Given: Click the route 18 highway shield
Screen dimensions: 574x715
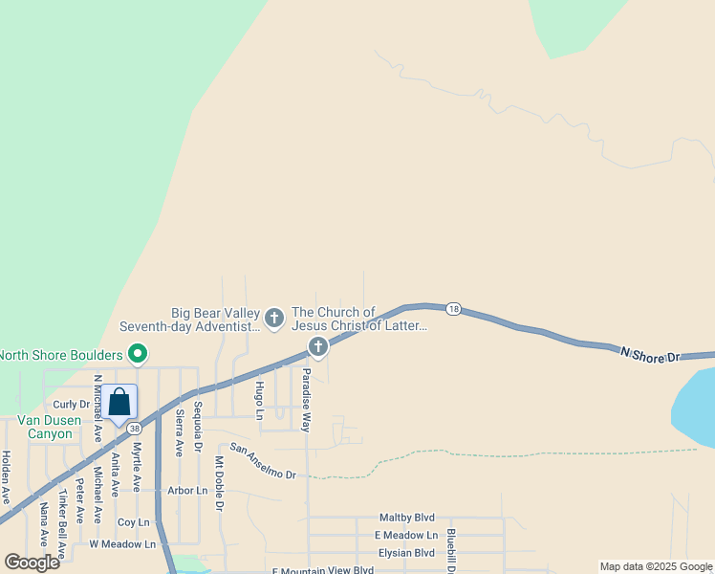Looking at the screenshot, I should tap(453, 309).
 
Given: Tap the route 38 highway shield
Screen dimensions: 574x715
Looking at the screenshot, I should tap(135, 429).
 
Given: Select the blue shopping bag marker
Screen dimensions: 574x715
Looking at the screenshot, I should tap(119, 402).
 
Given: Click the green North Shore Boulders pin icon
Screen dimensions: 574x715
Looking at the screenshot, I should tap(138, 355).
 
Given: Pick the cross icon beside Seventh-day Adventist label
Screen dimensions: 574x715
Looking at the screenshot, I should tap(274, 318).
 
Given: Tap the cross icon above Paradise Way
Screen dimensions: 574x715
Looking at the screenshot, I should tap(318, 346).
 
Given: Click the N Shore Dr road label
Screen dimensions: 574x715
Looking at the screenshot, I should tap(650, 354).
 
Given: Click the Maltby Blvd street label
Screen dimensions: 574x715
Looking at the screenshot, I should tap(406, 518).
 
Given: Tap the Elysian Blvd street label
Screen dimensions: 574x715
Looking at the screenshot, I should tap(405, 553).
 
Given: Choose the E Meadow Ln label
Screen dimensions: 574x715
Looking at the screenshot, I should tap(405, 536).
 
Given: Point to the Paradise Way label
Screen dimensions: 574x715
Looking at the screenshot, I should tap(306, 400).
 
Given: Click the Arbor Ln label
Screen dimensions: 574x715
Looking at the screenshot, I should tap(186, 491).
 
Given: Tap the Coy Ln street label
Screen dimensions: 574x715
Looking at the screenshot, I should tap(133, 522).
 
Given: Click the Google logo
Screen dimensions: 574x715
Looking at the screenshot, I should tap(32, 563).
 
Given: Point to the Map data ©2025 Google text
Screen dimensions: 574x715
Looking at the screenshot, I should tap(656, 566).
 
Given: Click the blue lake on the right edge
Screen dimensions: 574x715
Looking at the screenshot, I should tap(696, 407).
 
